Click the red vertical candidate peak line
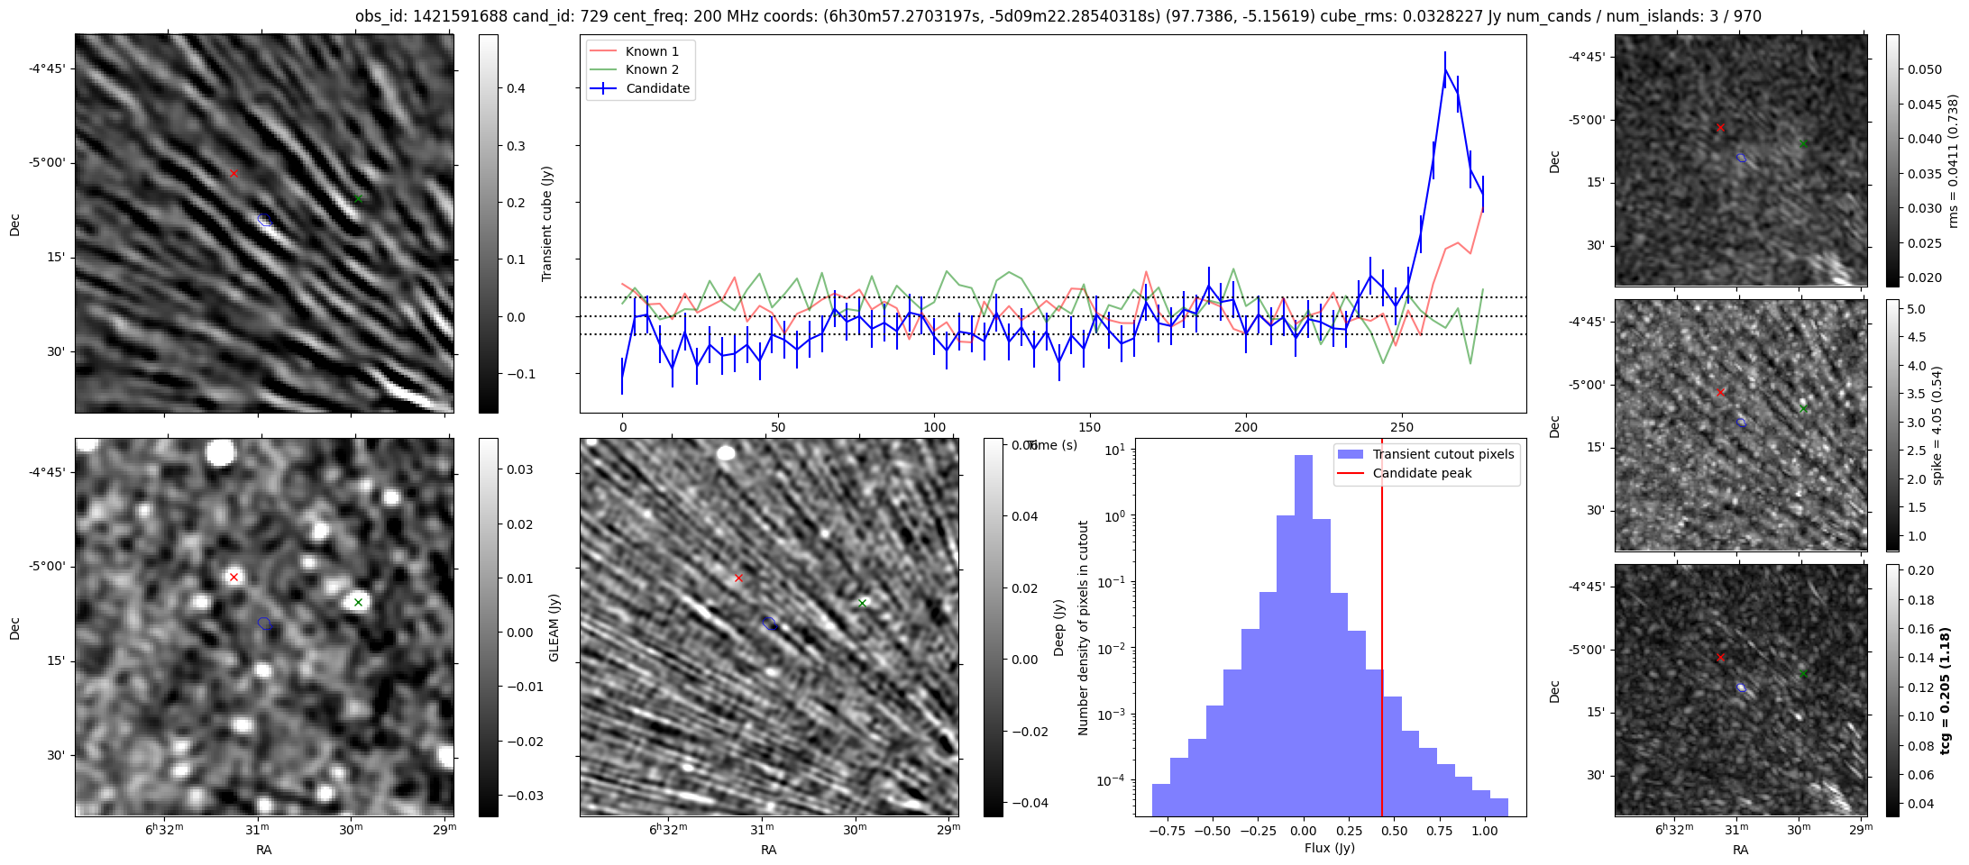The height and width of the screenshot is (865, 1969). pyautogui.click(x=1382, y=631)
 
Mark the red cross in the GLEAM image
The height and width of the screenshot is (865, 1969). pyautogui.click(x=234, y=577)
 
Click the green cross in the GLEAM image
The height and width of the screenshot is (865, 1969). pyautogui.click(x=358, y=602)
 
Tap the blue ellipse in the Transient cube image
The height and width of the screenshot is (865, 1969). pyautogui.click(x=264, y=219)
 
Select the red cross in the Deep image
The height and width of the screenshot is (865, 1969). pyautogui.click(x=738, y=578)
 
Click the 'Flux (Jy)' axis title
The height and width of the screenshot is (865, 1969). pyautogui.click(x=1329, y=848)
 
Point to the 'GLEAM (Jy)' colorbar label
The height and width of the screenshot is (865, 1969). pyautogui.click(x=554, y=627)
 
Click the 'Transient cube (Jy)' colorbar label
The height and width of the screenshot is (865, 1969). pyautogui.click(x=546, y=223)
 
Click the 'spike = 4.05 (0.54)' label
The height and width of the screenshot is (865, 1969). pyautogui.click(x=1937, y=425)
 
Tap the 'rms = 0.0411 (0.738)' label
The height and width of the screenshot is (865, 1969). pyautogui.click(x=1953, y=160)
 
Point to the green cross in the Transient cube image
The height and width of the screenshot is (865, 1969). pyautogui.click(x=358, y=198)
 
